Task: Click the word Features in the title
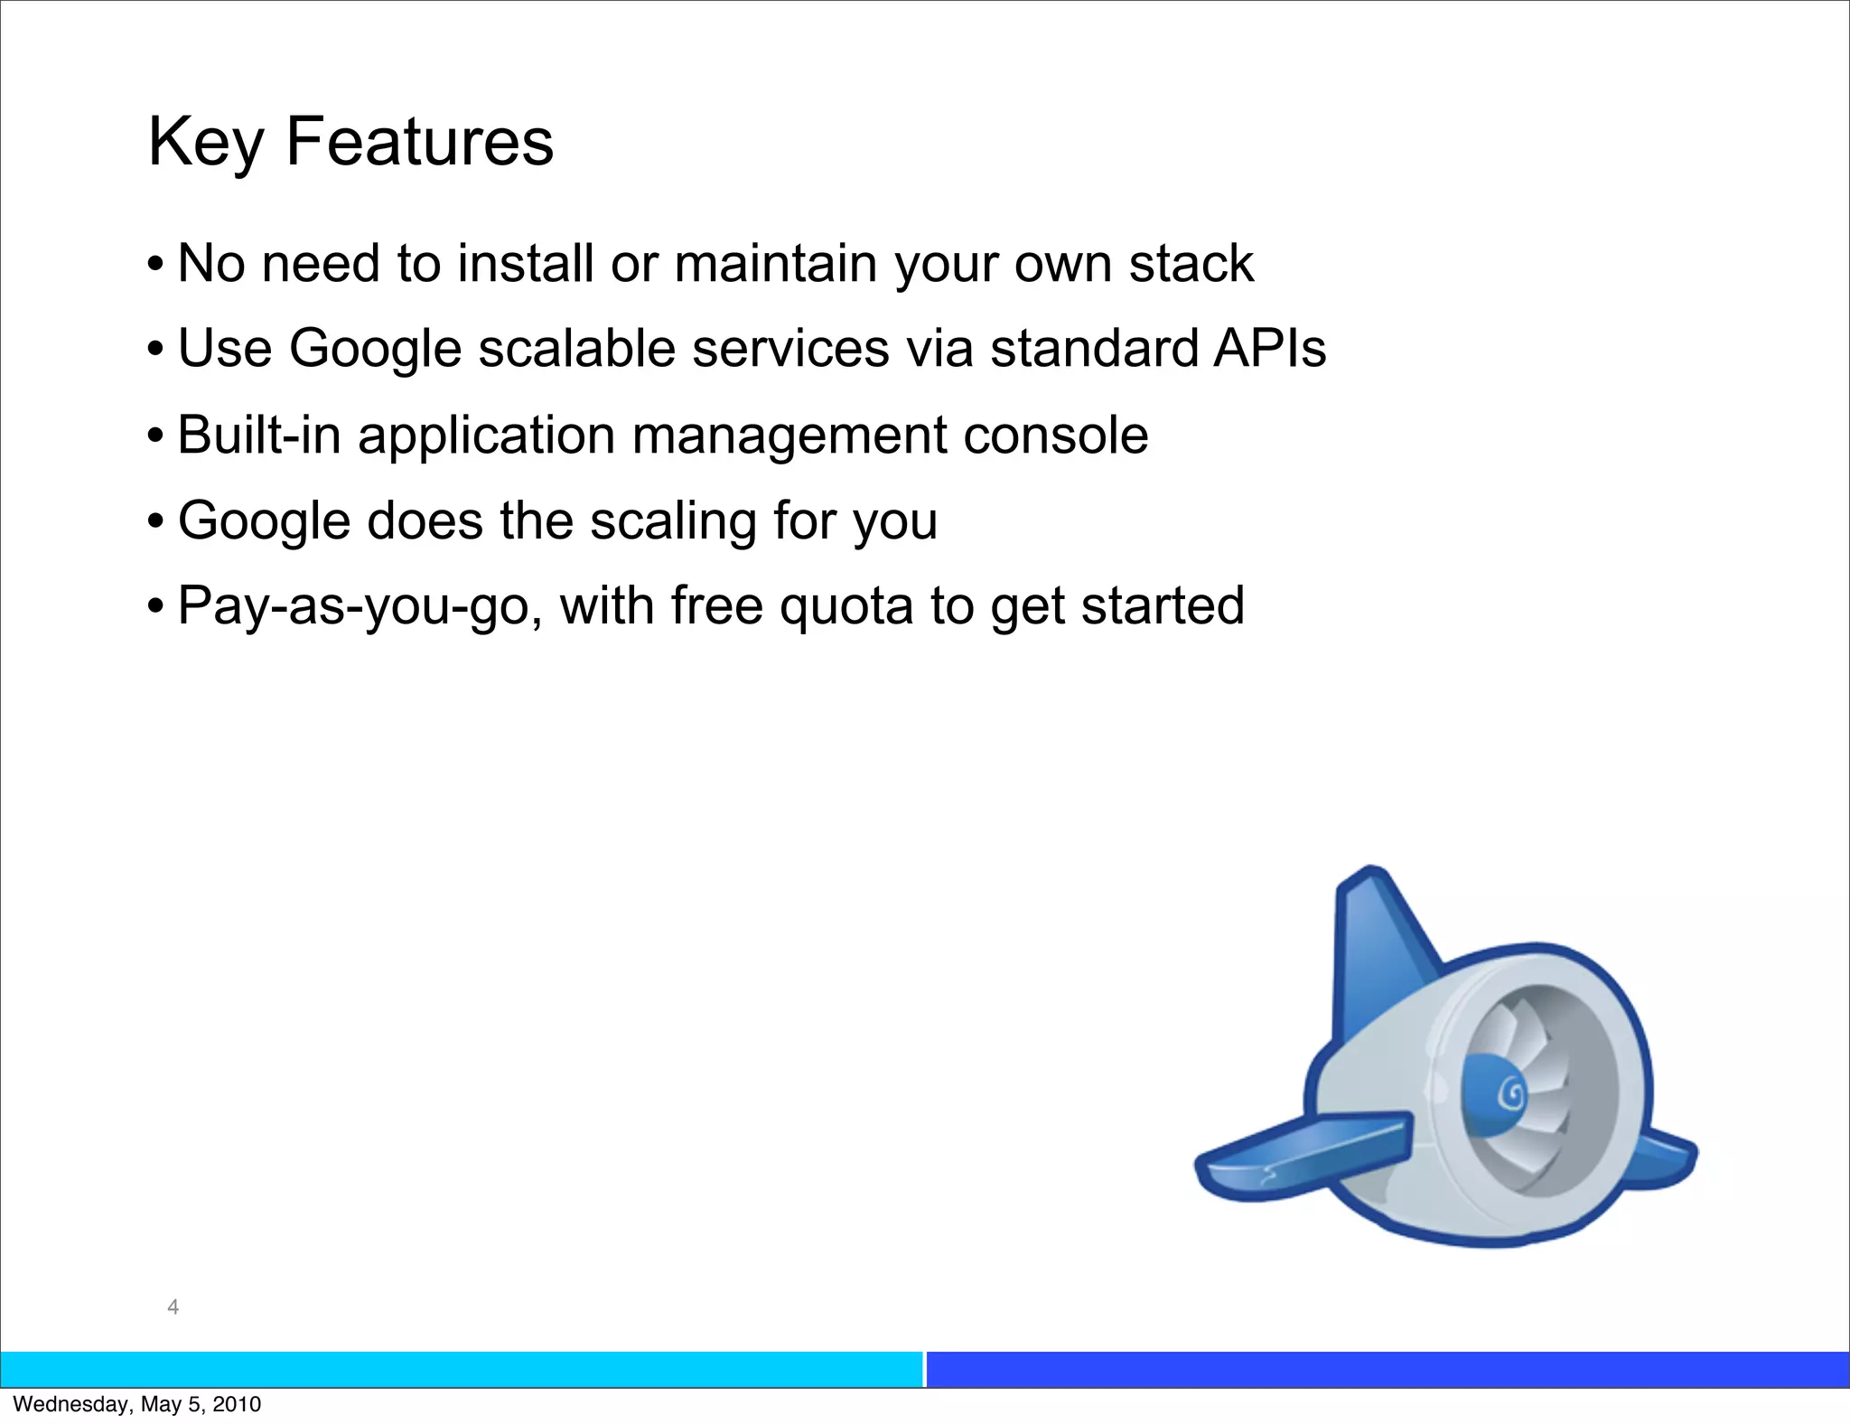[419, 142]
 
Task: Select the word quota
[846, 606]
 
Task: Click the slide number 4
[173, 1307]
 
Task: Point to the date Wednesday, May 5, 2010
[137, 1404]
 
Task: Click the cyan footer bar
[461, 1369]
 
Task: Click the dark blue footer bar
[1387, 1369]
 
